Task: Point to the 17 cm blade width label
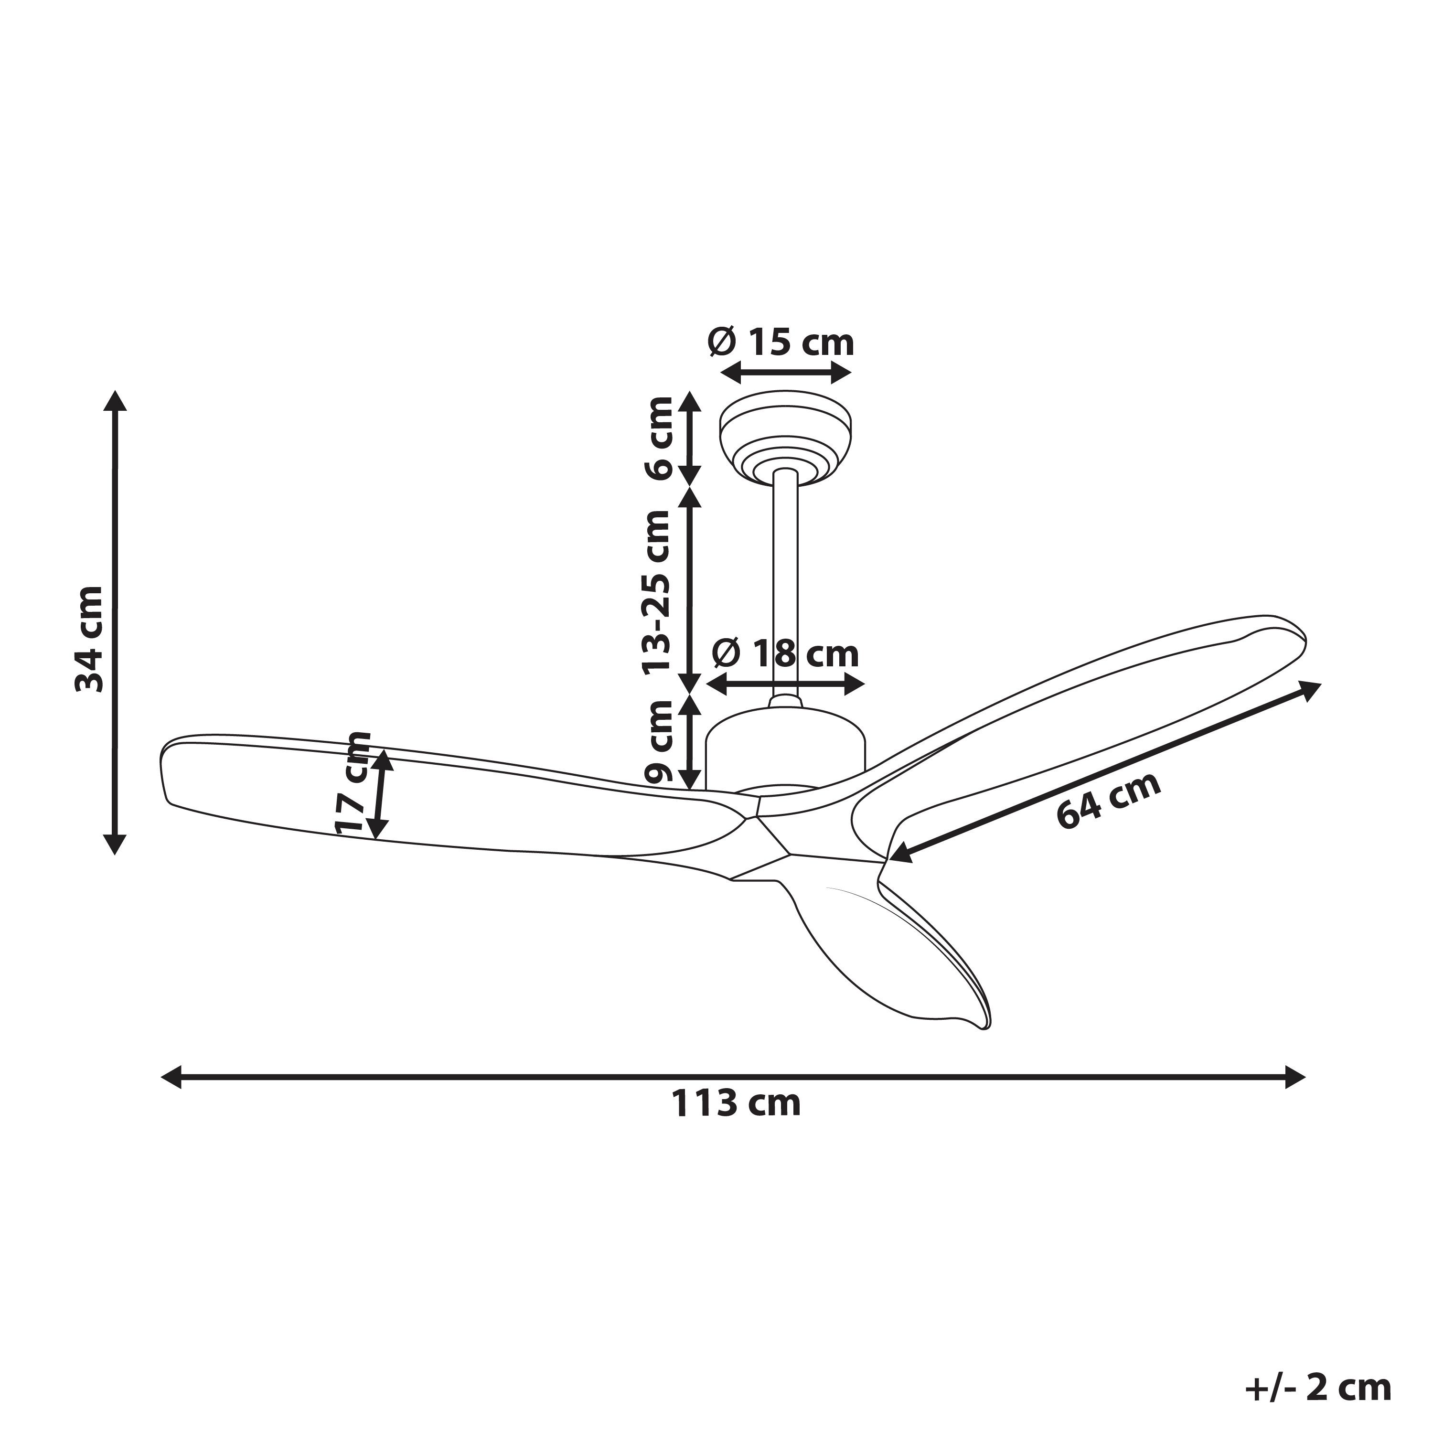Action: [x=352, y=782]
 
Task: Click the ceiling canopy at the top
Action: [x=785, y=438]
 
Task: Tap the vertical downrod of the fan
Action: [x=785, y=586]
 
